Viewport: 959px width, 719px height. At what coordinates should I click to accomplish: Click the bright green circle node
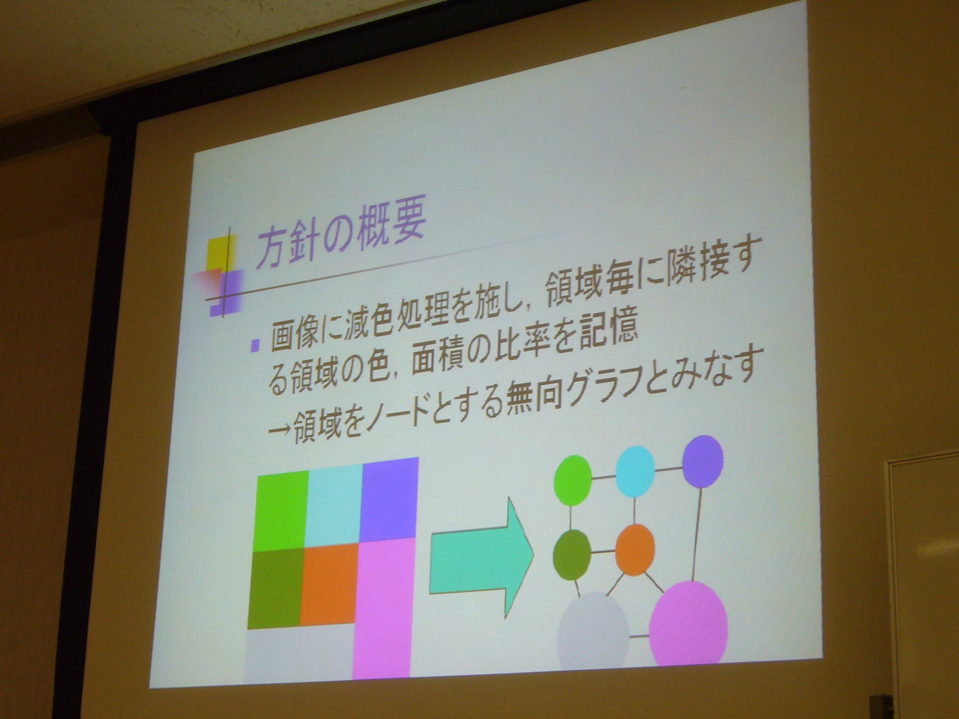tap(572, 480)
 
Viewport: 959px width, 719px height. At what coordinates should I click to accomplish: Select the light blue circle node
tap(635, 471)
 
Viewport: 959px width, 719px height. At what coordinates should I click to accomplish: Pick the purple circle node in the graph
tap(703, 461)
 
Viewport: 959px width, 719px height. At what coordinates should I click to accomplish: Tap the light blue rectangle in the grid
tap(334, 504)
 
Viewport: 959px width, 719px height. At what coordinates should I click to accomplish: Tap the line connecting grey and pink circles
tap(640, 636)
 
